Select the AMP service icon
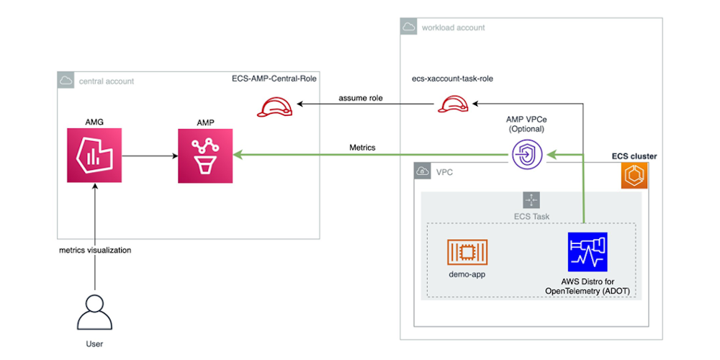206,153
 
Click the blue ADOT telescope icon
587,251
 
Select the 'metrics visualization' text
95,250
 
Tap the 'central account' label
107,81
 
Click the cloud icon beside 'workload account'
409,27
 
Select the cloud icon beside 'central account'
66,81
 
